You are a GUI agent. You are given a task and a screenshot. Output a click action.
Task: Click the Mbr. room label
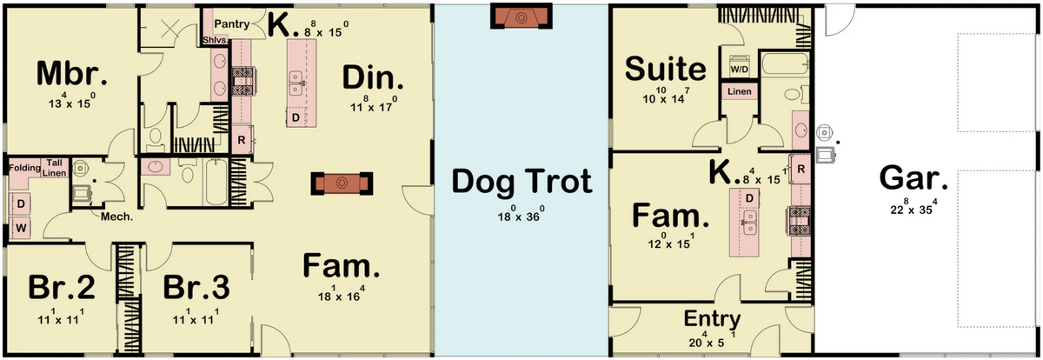tap(71, 75)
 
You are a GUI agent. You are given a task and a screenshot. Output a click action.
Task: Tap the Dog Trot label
tap(521, 182)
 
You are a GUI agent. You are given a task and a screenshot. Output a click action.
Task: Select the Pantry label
tap(232, 23)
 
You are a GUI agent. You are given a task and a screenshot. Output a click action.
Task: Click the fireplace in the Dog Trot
tap(521, 17)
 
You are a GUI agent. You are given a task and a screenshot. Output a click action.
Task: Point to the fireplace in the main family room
tap(342, 183)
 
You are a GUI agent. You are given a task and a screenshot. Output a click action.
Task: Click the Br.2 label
tap(62, 287)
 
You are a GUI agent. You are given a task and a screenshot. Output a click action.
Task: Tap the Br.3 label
tap(196, 287)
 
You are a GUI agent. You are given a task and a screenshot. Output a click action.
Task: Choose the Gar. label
tap(913, 178)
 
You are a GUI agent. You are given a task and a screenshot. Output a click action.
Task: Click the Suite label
tap(666, 69)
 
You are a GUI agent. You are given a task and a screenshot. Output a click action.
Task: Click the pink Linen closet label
tap(740, 91)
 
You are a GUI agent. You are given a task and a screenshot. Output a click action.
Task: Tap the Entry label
tap(712, 319)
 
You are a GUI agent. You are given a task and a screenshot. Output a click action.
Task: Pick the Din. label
tap(373, 77)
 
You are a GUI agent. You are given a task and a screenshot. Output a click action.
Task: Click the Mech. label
tap(116, 217)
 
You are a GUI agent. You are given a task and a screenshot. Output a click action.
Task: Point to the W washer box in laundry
tap(21, 228)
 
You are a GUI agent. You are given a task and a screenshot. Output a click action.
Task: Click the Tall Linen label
tap(55, 168)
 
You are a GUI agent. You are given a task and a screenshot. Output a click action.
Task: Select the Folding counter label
tap(24, 168)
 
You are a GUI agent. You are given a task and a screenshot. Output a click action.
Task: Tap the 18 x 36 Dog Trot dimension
tap(521, 214)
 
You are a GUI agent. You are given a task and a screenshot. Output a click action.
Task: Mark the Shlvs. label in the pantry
tap(216, 41)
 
